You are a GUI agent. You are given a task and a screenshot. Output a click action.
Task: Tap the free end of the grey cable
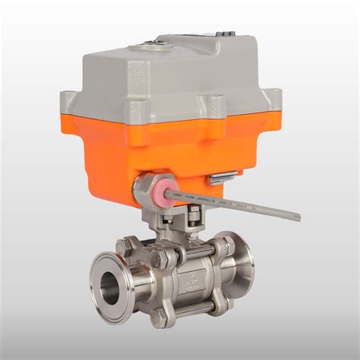tap(298, 217)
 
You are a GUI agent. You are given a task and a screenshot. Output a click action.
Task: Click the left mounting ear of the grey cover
tap(69, 99)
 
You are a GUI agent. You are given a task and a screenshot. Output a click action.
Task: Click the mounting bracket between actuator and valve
tap(172, 222)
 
